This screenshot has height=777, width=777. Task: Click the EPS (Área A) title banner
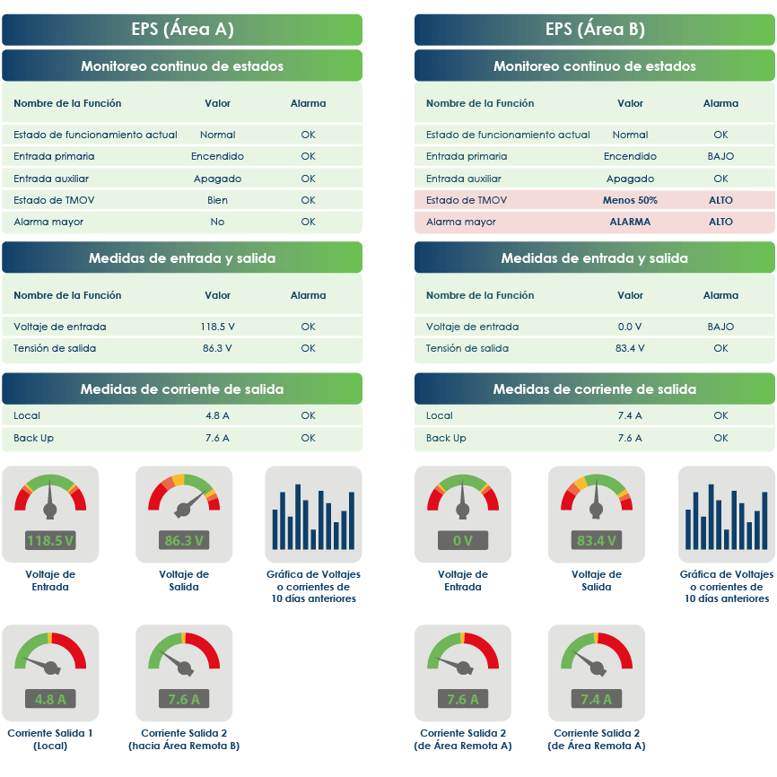point(182,30)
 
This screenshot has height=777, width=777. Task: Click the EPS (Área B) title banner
point(595,30)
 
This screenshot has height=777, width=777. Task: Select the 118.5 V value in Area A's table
point(217,327)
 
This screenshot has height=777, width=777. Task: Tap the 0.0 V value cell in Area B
point(630,327)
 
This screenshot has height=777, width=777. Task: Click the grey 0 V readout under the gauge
point(463,540)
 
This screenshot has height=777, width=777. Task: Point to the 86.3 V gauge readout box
point(184,540)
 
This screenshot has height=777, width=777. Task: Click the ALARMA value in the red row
point(630,222)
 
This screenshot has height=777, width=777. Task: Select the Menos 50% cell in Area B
point(630,200)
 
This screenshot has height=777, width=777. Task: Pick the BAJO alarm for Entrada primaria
point(720,156)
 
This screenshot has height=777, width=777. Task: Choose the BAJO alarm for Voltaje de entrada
point(720,327)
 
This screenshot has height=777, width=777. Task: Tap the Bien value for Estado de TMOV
point(217,200)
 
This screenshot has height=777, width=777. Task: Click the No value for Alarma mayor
point(217,222)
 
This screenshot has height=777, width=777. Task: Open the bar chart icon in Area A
point(313,513)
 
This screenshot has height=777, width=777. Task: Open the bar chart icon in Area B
point(726,513)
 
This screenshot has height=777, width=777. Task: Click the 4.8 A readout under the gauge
point(50,699)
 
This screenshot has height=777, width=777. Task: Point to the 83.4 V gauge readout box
point(597,540)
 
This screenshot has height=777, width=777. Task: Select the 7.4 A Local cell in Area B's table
point(630,415)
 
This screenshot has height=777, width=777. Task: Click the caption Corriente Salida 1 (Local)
point(50,739)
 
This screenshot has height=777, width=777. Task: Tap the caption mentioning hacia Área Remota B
point(184,739)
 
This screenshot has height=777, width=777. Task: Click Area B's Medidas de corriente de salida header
point(595,389)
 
